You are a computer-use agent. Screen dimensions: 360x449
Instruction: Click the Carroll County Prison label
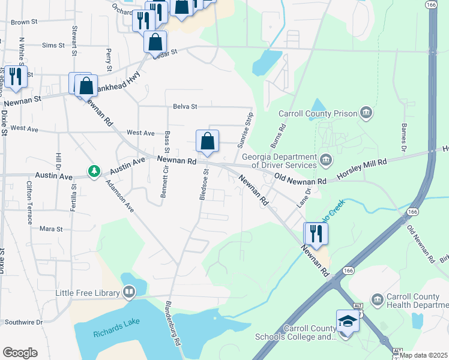318,113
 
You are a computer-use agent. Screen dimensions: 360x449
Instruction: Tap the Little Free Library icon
129,293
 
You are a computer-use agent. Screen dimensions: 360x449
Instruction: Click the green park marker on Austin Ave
94,172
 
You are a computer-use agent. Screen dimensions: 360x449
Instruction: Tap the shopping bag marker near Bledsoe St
207,142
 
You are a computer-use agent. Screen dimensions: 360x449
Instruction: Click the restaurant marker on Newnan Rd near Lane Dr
315,233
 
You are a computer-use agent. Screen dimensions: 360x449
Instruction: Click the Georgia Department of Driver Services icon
326,159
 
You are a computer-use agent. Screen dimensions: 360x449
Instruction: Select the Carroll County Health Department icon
377,299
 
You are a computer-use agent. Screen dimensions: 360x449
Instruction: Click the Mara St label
51,229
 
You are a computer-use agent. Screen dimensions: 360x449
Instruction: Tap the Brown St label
25,22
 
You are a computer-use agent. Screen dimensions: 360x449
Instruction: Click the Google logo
19,353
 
